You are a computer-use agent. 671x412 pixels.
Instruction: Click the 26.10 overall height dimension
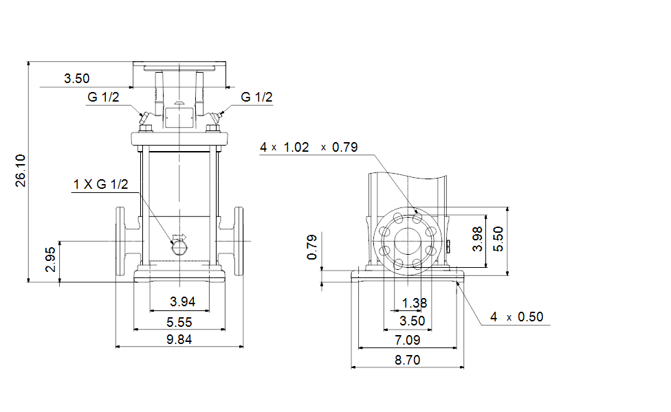click(x=21, y=171)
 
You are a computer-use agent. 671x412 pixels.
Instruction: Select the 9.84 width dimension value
click(x=179, y=340)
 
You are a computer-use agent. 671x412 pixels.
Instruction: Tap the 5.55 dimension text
click(x=179, y=322)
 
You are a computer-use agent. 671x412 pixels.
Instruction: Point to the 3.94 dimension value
click(x=182, y=301)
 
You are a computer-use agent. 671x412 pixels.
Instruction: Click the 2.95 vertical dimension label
click(x=50, y=260)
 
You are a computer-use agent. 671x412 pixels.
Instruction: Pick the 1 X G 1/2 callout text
click(x=100, y=184)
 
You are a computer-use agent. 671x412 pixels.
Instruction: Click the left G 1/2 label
click(x=103, y=97)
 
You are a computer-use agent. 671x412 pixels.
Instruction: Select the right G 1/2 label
click(x=256, y=97)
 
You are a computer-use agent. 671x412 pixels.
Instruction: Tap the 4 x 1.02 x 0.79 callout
click(x=309, y=148)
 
